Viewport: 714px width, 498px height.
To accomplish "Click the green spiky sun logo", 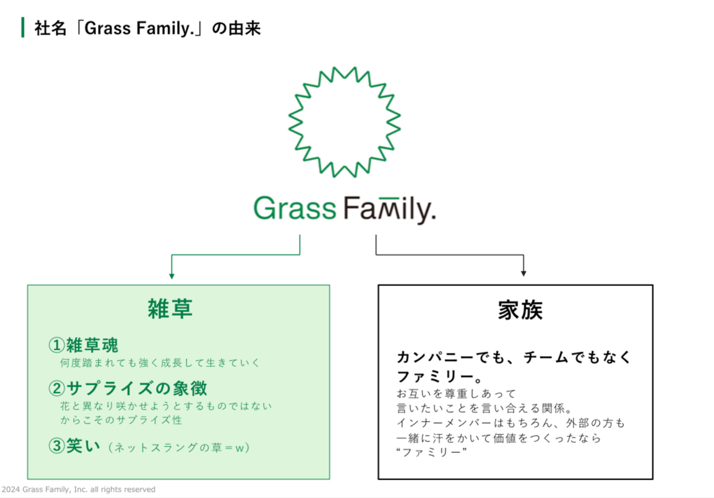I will pos(345,122).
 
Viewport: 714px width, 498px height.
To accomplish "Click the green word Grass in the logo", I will pos(295,208).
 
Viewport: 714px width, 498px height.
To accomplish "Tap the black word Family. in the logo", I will pos(390,209).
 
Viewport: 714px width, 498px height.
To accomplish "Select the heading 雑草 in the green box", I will pos(170,309).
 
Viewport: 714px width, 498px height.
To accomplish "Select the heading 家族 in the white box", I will pos(520,310).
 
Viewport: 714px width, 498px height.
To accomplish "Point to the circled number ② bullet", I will pos(57,388).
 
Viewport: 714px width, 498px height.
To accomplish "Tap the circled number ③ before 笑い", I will pos(57,446).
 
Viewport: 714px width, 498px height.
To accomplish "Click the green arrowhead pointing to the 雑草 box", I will pos(172,276).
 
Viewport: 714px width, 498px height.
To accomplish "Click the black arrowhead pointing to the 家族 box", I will pos(524,273).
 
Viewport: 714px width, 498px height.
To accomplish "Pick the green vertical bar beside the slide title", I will pos(23,27).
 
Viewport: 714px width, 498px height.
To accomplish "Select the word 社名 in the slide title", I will pos(50,28).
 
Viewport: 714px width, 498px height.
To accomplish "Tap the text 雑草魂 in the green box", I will pos(92,345).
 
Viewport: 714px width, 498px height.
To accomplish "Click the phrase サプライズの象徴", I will pos(137,388).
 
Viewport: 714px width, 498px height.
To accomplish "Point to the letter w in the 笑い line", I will pos(239,448).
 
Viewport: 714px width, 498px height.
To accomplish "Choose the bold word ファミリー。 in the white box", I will pos(439,377).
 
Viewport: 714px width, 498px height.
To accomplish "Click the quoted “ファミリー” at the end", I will pos(431,452).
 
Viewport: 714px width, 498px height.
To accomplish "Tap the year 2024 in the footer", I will pos(11,490).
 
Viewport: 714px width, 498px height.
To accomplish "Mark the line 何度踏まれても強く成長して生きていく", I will pos(160,363).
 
